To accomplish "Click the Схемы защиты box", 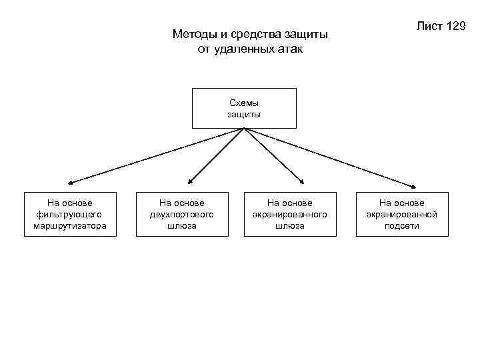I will pyautogui.click(x=244, y=108).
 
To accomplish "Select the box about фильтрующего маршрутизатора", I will pyautogui.click(x=70, y=214).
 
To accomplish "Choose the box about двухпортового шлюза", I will pyautogui.click(x=182, y=214).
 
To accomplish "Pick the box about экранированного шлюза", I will pyautogui.click(x=289, y=214).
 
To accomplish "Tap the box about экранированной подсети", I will pyautogui.click(x=402, y=214).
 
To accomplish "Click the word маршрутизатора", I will pyautogui.click(x=70, y=226).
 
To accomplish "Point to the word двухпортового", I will pyautogui.click(x=182, y=214).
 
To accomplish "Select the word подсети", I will pyautogui.click(x=402, y=226).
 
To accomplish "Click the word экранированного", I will pyautogui.click(x=289, y=214).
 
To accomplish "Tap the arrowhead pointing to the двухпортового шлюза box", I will pyautogui.click(x=189, y=181).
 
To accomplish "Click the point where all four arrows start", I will pyautogui.click(x=245, y=129).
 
